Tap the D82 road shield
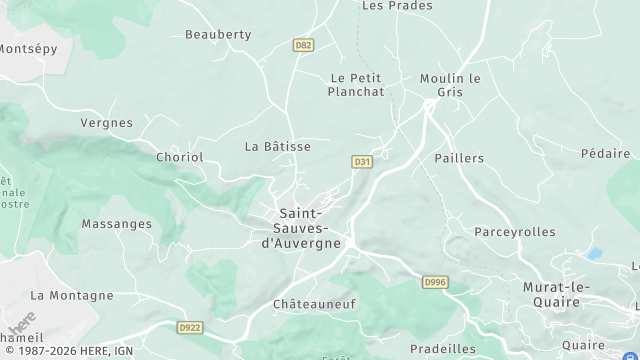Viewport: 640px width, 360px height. [304, 45]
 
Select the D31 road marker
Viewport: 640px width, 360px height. [362, 161]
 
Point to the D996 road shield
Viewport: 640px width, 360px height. [434, 283]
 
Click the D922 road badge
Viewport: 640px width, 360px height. [190, 326]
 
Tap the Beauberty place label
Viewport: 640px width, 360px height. [218, 34]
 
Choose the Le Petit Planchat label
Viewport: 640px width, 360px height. [357, 84]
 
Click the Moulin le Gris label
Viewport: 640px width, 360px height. [451, 84]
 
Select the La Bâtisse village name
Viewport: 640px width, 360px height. [278, 146]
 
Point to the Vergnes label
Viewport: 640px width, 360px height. [107, 123]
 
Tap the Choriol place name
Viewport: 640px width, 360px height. [180, 157]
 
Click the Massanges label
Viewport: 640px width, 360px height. [117, 224]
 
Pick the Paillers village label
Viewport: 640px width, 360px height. [459, 158]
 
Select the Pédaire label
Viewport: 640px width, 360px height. [605, 154]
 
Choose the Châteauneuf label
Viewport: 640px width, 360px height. [314, 302]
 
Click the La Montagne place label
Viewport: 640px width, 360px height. [72, 295]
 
